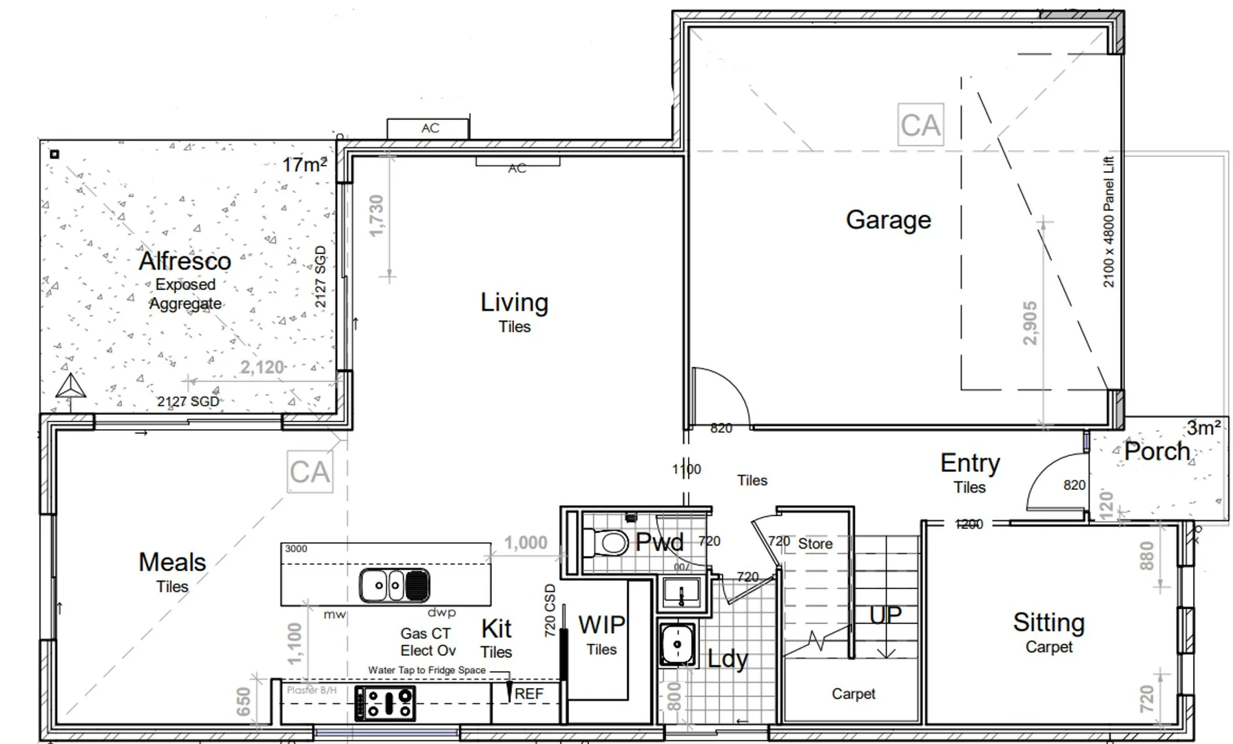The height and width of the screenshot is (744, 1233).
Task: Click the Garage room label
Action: click(x=888, y=220)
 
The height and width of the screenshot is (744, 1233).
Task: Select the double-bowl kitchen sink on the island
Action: click(x=394, y=586)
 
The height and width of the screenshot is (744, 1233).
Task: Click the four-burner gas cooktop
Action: click(x=385, y=703)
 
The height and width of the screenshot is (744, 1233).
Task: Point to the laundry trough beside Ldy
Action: click(x=677, y=645)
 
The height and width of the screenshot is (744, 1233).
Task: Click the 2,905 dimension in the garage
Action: click(x=1030, y=323)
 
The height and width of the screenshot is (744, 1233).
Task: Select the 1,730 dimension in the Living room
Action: click(x=376, y=215)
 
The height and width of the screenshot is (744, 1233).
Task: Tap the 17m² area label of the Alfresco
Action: click(x=304, y=165)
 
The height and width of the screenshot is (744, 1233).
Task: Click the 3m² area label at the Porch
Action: click(x=1203, y=428)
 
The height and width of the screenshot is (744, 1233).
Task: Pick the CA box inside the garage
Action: click(x=920, y=125)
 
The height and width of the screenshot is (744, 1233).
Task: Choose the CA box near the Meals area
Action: click(x=309, y=472)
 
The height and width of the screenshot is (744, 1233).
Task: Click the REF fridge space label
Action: click(x=528, y=694)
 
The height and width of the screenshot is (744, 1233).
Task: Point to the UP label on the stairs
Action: click(x=885, y=614)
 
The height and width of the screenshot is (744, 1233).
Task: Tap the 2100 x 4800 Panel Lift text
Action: click(x=1108, y=222)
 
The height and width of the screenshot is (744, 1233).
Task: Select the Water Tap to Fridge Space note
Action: click(x=426, y=670)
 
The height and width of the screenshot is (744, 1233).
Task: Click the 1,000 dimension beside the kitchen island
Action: click(x=525, y=543)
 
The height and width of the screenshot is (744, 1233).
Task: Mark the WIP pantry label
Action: click(x=601, y=625)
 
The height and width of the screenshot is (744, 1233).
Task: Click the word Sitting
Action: click(x=1048, y=622)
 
